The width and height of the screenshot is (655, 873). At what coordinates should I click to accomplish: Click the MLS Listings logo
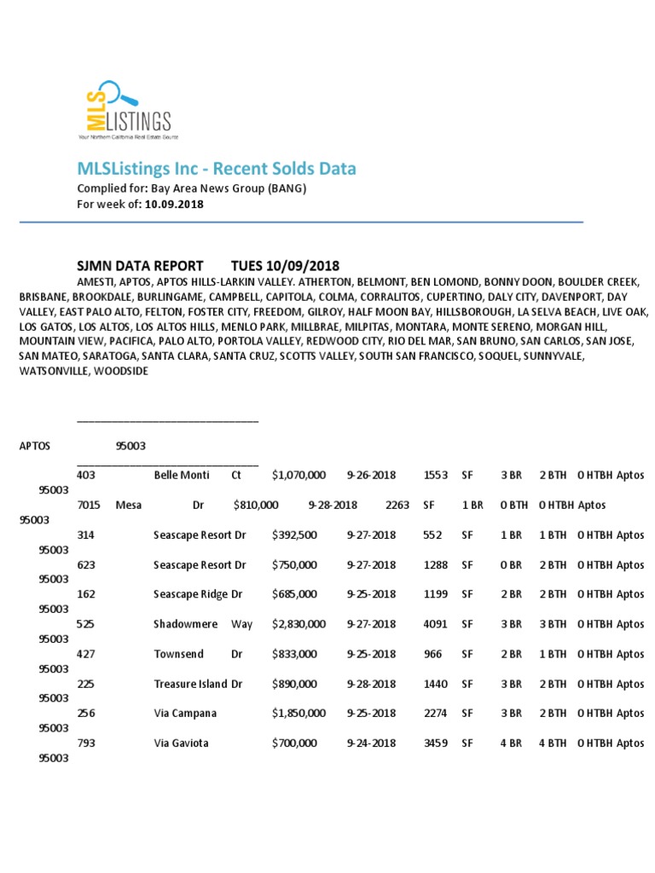coord(128,110)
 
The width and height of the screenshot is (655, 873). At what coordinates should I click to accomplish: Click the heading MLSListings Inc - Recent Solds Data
coord(217,169)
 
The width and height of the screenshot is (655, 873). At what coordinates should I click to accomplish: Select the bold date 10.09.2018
coord(174,205)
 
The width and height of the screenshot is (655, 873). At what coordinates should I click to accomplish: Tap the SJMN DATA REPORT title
coord(140,266)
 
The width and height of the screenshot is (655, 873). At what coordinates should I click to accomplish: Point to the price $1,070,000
coord(299,475)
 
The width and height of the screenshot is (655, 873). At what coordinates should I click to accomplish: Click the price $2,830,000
coord(299,624)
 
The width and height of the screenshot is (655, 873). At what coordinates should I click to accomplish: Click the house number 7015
coord(89,505)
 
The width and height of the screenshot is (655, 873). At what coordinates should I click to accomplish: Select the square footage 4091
coord(435,624)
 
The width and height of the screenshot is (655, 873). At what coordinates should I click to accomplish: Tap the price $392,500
coord(294,535)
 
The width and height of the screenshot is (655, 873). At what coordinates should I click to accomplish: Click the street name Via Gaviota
coord(181,743)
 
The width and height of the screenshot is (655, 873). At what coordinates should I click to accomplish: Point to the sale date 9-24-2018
coord(371,743)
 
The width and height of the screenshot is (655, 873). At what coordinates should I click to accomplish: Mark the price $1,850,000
coord(299,714)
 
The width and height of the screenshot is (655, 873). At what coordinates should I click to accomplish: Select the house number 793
coord(85,743)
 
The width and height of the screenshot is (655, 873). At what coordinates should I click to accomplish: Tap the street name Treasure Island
coord(190,684)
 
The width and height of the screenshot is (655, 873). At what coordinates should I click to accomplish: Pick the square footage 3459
coord(435,743)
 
